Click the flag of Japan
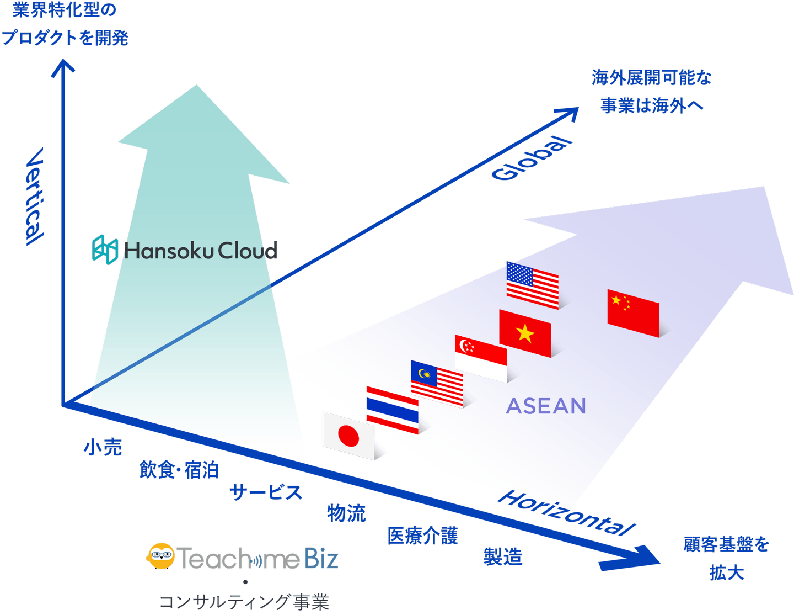[x=348, y=436]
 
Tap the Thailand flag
[x=392, y=410]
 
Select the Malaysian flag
[x=436, y=384]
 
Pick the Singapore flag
[x=480, y=358]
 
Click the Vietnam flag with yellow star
[x=525, y=333]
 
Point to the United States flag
[x=532, y=285]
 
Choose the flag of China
[x=633, y=313]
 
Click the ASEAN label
[x=545, y=406]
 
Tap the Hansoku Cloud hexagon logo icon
[x=105, y=249]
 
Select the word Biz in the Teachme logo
[x=321, y=558]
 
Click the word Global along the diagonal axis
[x=532, y=158]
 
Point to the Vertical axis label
[x=35, y=197]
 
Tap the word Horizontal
[x=566, y=512]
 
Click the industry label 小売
[x=103, y=447]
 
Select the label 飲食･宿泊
[x=179, y=470]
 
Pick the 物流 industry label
[x=346, y=513]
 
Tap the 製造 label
[x=503, y=557]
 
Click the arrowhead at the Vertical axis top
[x=63, y=60]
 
